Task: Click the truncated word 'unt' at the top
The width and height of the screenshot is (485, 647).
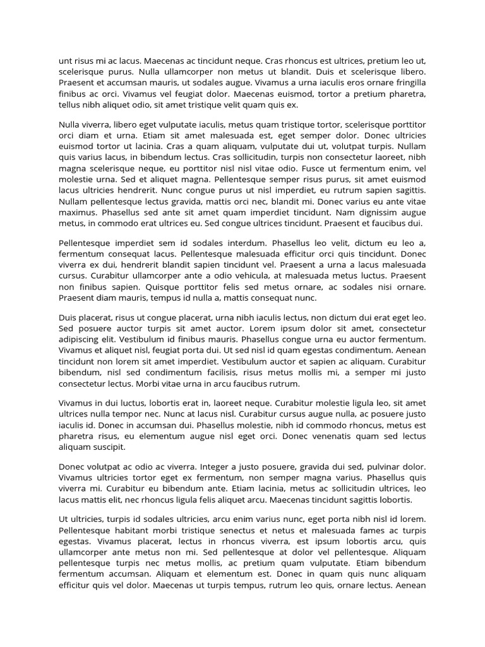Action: pyautogui.click(x=66, y=61)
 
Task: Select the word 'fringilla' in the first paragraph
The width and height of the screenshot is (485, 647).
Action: pyautogui.click(x=408, y=83)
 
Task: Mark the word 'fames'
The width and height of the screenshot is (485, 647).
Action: pyautogui.click(x=382, y=529)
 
